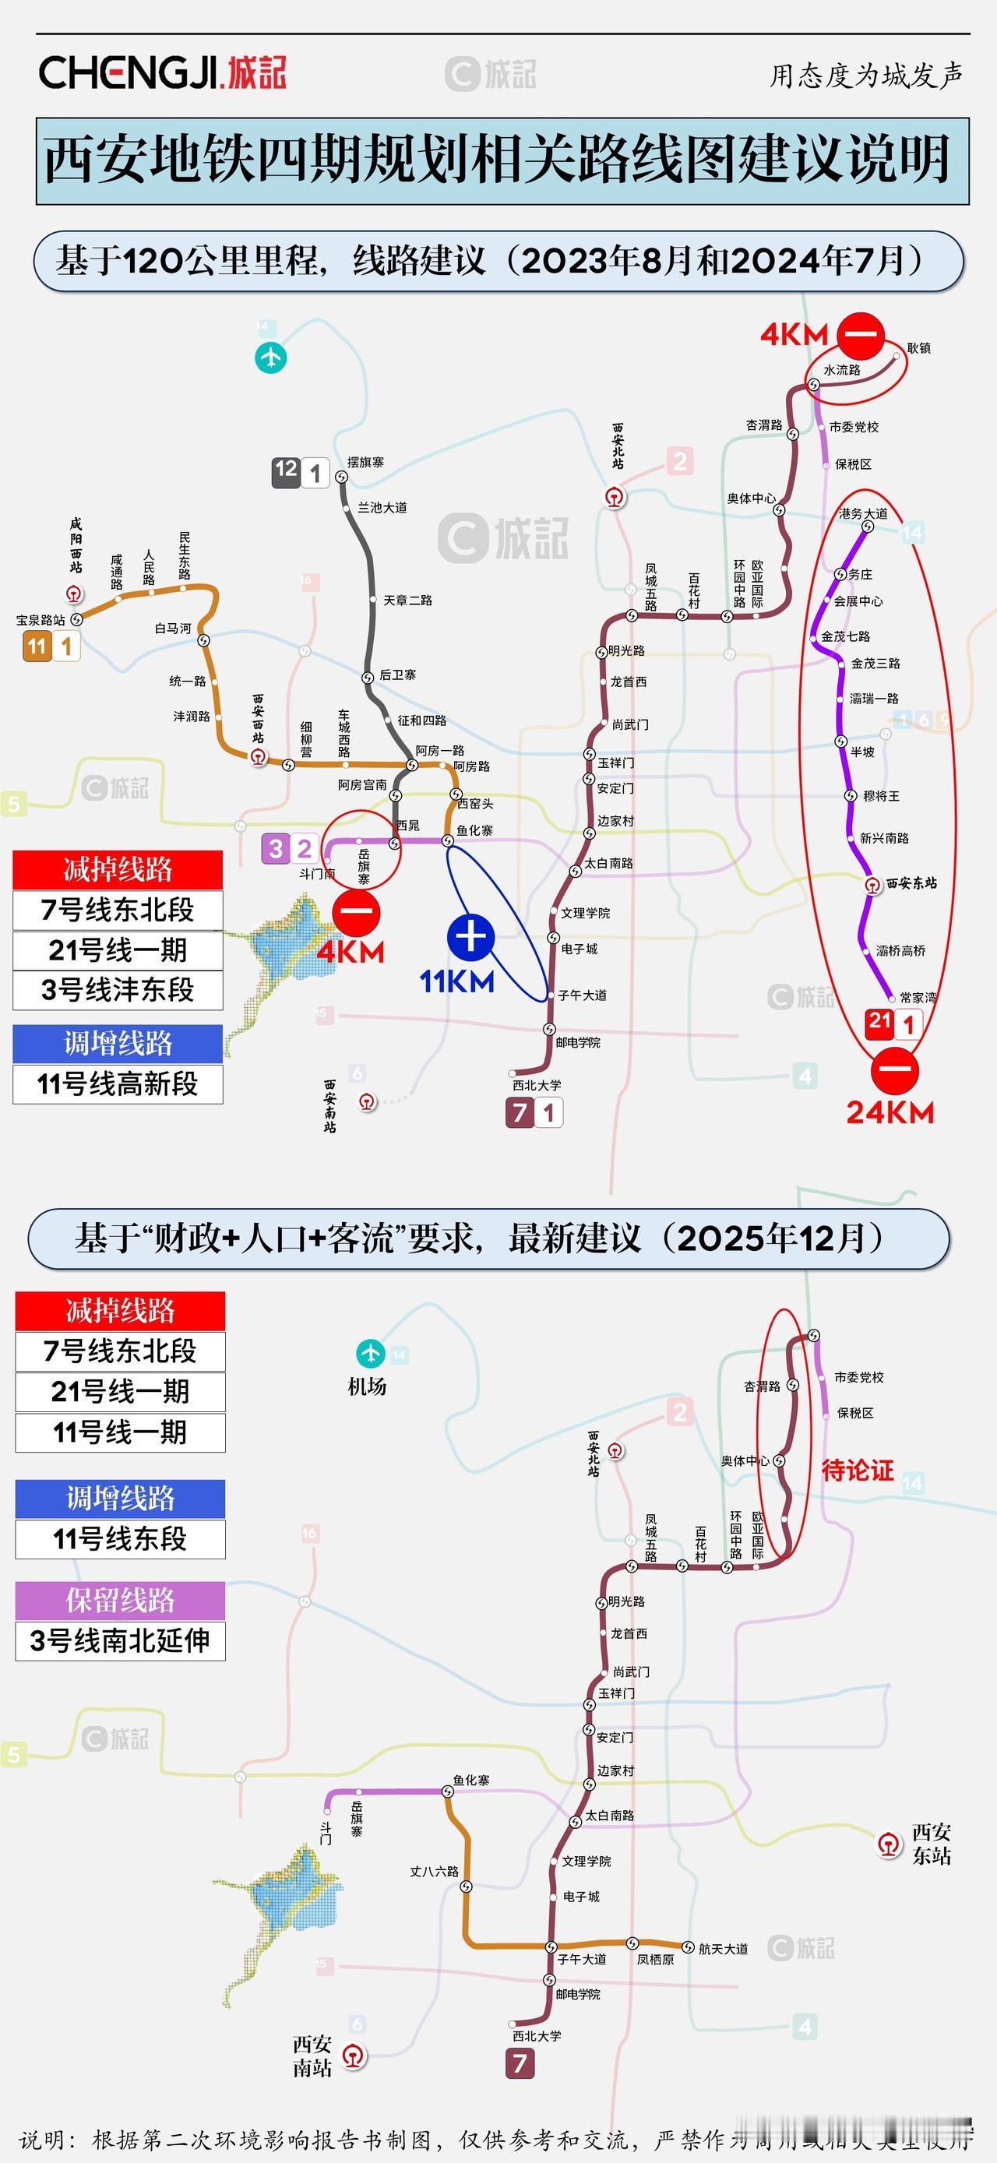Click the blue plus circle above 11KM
tap(470, 936)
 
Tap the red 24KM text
tap(890, 1112)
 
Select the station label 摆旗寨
tap(366, 463)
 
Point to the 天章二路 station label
tap(407, 601)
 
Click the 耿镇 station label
tap(919, 347)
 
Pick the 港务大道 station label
tap(862, 513)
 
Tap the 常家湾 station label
tap(918, 998)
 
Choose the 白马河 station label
tap(173, 628)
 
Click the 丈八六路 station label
tap(435, 1872)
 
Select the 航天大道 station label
tap(723, 1949)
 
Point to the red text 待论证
tap(857, 1471)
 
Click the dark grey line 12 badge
tap(287, 470)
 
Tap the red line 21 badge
tap(879, 1022)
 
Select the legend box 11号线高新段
tap(118, 1084)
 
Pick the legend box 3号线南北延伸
tap(120, 1640)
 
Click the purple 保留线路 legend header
tap(120, 1601)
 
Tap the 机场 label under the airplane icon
tap(367, 1387)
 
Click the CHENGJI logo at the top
tap(163, 73)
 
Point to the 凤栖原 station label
tap(655, 1960)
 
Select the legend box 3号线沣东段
tap(118, 990)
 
